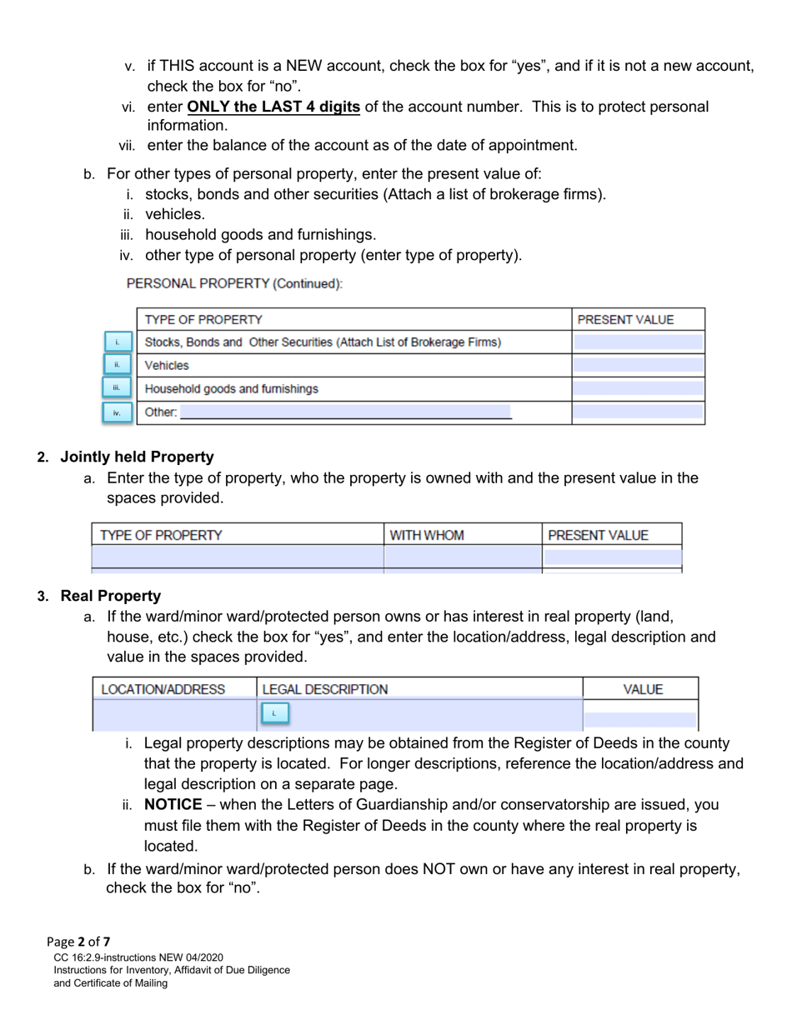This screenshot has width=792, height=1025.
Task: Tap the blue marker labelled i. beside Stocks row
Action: click(x=118, y=342)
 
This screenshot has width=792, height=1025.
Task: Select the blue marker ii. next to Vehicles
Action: click(x=118, y=365)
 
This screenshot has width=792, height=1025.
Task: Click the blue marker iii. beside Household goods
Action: click(x=118, y=388)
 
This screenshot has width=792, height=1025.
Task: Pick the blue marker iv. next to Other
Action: click(x=118, y=412)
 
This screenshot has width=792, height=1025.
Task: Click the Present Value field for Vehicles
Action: click(x=638, y=365)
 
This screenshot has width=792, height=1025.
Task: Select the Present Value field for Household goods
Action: click(x=638, y=388)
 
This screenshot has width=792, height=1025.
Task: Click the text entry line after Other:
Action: click(x=345, y=412)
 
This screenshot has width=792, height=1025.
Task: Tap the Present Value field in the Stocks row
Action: click(x=638, y=342)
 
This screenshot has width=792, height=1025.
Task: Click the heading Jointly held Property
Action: click(x=137, y=457)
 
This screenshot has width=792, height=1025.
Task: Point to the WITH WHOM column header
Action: click(x=427, y=535)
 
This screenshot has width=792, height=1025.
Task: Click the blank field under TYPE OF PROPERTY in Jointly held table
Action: click(x=237, y=556)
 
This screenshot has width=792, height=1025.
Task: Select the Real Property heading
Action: click(x=111, y=596)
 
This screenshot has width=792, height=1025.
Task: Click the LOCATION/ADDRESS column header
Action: click(x=163, y=689)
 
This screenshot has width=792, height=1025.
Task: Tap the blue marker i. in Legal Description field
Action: click(x=274, y=713)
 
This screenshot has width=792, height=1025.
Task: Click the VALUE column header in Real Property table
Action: click(x=643, y=689)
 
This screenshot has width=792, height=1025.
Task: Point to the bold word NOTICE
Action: click(x=173, y=805)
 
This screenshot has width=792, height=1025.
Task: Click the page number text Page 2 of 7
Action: click(x=78, y=942)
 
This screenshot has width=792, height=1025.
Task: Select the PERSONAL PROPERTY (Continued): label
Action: click(x=234, y=283)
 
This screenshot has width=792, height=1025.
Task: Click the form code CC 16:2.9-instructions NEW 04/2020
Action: click(x=138, y=957)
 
